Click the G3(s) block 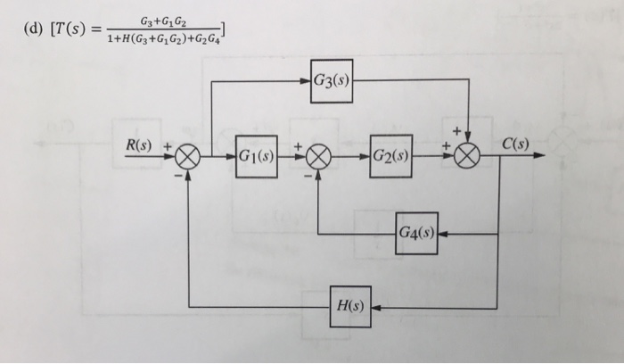click(333, 79)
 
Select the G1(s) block click(256, 156)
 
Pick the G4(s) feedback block click(416, 233)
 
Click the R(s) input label click(138, 145)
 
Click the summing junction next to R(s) click(187, 157)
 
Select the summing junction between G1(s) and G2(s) click(319, 157)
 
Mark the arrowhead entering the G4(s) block click(444, 234)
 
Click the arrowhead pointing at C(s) click(540, 157)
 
